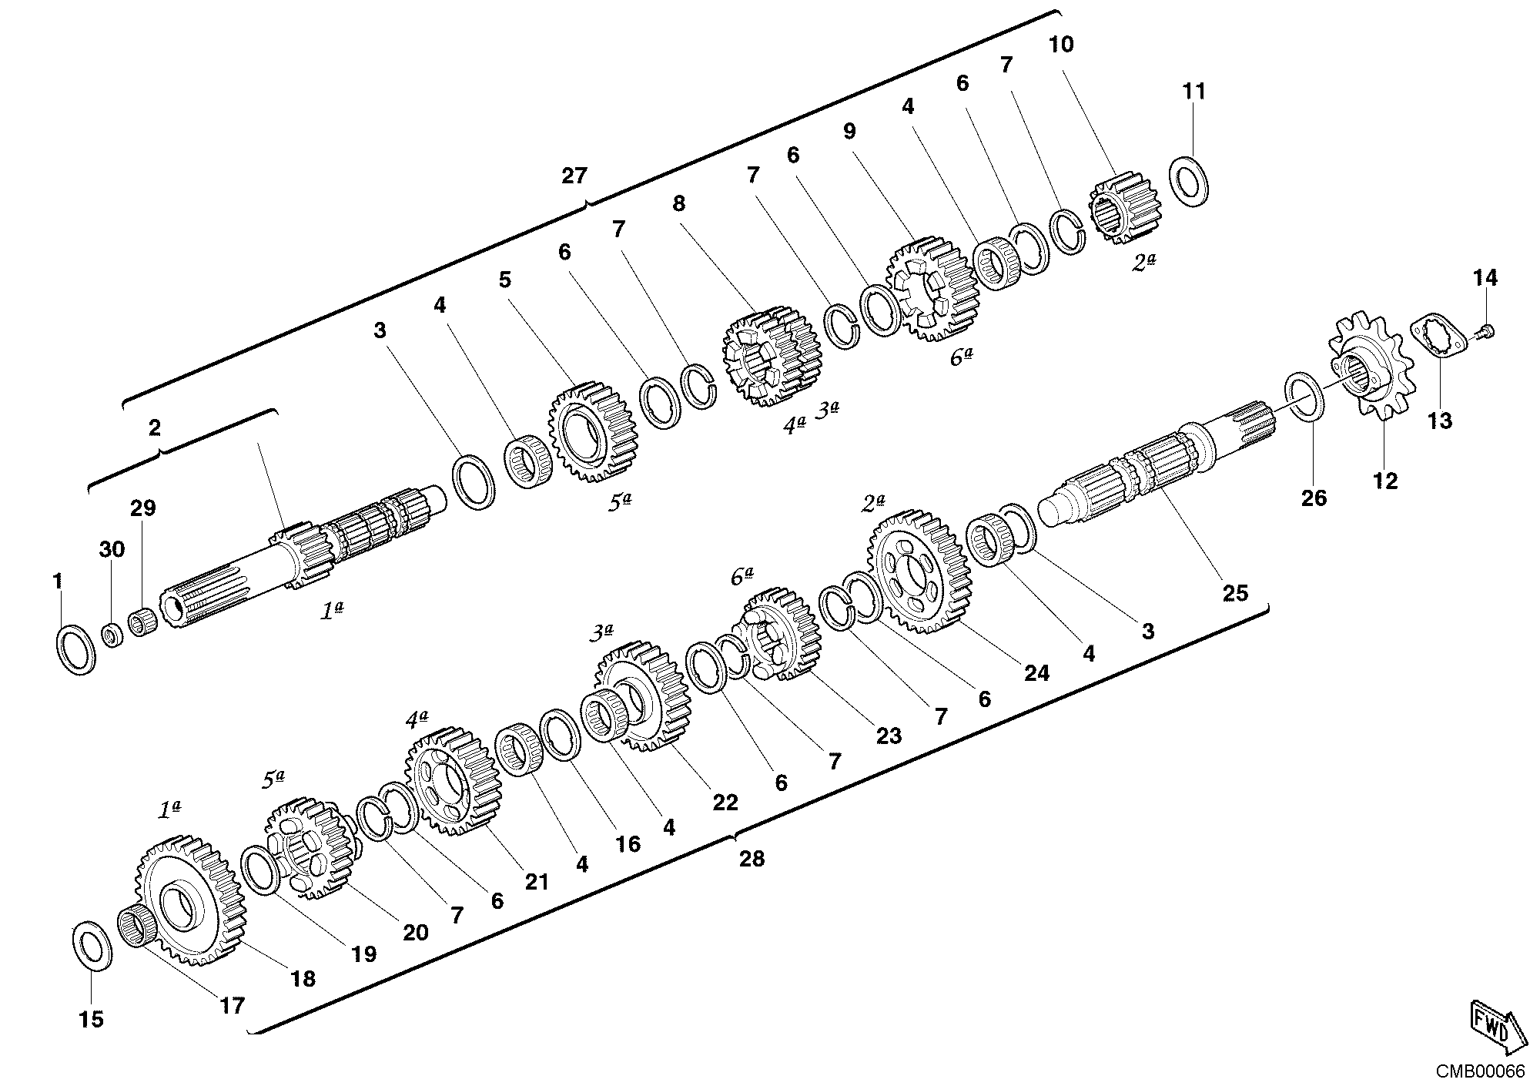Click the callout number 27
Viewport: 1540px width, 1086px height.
coord(574,176)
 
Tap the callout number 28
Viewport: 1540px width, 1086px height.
coord(752,858)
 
